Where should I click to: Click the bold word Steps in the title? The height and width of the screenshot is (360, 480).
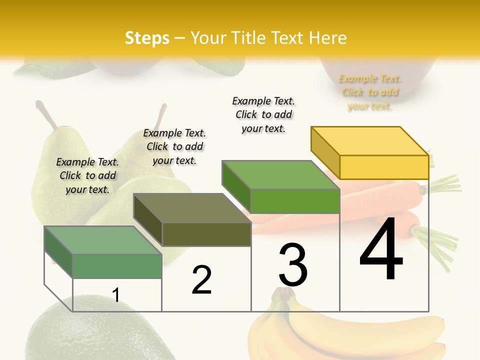click(x=147, y=38)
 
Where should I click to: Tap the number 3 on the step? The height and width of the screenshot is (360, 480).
click(x=292, y=265)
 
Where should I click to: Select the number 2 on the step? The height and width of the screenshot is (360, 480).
click(x=201, y=280)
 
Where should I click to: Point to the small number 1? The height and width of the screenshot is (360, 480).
click(x=115, y=295)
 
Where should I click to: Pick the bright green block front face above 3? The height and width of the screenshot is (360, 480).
click(x=295, y=201)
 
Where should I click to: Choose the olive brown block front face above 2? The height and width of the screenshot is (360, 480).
click(x=206, y=234)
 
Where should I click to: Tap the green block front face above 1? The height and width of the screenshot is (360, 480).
click(x=117, y=265)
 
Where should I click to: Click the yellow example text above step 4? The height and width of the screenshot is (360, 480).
click(x=369, y=92)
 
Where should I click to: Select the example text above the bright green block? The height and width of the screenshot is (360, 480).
click(x=263, y=114)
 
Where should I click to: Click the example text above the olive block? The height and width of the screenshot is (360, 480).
click(x=174, y=146)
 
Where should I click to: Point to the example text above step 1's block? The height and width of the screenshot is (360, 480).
click(x=87, y=175)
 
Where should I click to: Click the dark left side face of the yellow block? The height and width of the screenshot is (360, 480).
click(x=325, y=152)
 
